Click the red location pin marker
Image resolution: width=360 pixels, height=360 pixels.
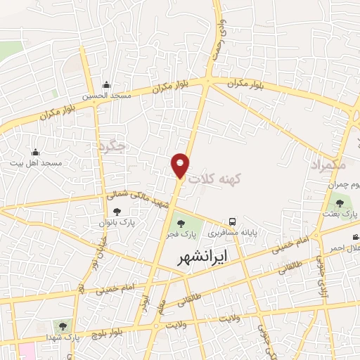[181, 165]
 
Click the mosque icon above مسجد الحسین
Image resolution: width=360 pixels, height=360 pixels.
[106, 84]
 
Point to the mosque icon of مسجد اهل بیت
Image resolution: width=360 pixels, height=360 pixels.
[36, 152]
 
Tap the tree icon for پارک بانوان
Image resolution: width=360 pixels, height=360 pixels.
[117, 212]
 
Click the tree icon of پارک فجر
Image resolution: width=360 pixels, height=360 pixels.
[181, 224]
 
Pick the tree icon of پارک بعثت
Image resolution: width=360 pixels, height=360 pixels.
[340, 204]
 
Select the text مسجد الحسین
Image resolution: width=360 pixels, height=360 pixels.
[105, 96]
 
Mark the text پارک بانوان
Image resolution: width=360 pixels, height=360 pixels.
[117, 223]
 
